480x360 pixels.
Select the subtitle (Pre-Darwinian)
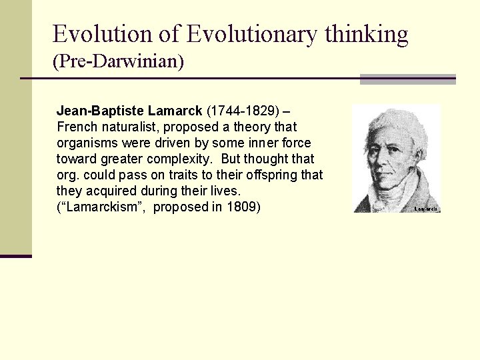coord(118,62)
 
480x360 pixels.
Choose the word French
coord(77,127)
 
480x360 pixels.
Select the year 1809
coord(243,207)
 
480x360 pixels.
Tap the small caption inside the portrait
coord(426,209)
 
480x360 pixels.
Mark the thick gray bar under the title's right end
coord(407,79)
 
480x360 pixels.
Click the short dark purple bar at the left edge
coord(16,255)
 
